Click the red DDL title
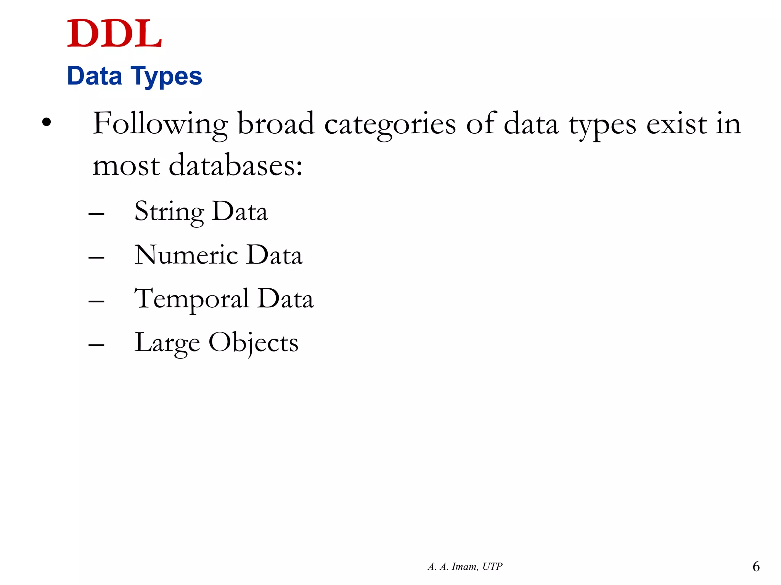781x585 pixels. [x=114, y=34]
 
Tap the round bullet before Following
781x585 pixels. [x=47, y=122]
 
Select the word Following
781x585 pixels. [x=160, y=124]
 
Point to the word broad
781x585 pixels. [x=276, y=124]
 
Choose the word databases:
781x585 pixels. [x=236, y=166]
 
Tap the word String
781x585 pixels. [x=169, y=212]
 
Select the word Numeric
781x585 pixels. [x=186, y=255]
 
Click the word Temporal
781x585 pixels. [x=192, y=299]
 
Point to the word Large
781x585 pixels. [x=167, y=343]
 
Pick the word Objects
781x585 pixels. [x=253, y=343]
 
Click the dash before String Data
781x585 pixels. [x=96, y=214]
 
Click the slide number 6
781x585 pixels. [x=756, y=567]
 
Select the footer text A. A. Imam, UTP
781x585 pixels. [x=465, y=567]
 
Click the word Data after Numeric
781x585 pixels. [x=275, y=255]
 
